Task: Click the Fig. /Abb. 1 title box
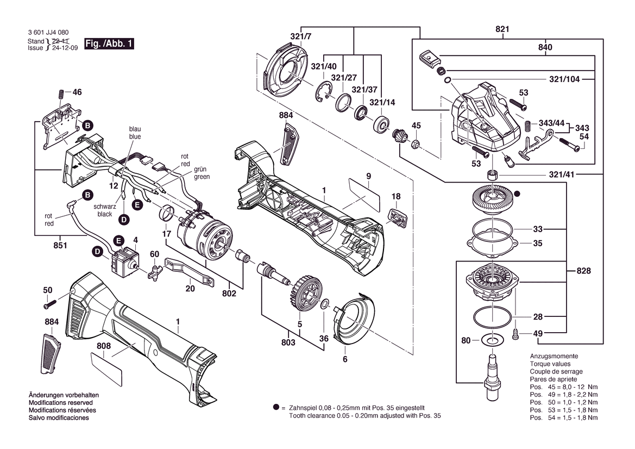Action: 109,43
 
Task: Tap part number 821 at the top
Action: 502,29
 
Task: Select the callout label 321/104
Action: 564,79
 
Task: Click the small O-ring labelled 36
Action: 324,304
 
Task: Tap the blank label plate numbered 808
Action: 106,369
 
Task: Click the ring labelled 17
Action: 167,214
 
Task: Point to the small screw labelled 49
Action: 515,334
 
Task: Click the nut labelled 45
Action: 416,144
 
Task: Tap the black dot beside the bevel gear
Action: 517,194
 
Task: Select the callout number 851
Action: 60,246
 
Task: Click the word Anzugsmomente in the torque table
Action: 554,356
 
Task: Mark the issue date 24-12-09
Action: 65,48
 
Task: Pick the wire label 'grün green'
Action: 202,173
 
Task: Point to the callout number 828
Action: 583,271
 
